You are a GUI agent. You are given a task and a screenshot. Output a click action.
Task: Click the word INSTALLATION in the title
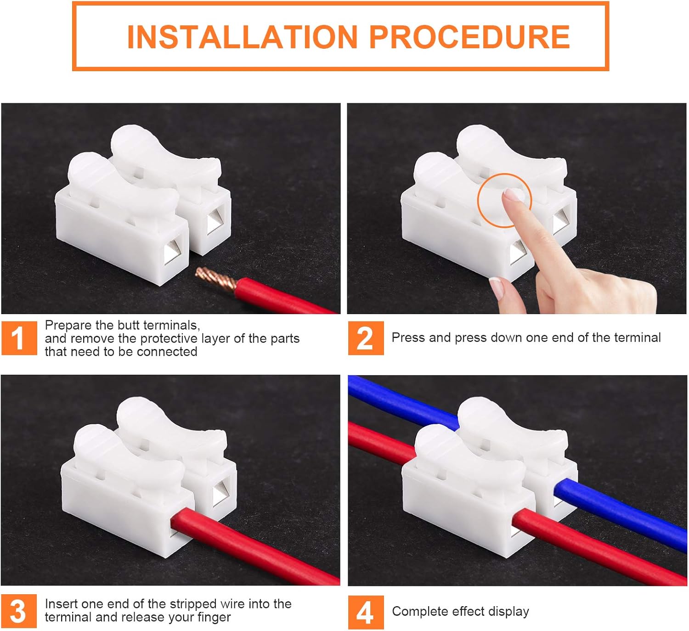coord(242,37)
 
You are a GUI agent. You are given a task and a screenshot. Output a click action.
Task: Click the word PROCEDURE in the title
coord(469,37)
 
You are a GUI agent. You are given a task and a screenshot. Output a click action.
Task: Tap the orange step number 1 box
coord(19,338)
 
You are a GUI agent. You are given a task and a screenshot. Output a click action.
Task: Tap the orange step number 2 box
coord(366,338)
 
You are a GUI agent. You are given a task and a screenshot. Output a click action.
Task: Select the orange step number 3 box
coord(19,611)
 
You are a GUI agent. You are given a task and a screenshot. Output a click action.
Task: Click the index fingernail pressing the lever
coord(511,195)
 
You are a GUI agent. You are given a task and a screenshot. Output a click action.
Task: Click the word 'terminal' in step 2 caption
coord(637,338)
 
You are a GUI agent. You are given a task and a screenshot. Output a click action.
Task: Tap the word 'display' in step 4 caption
coord(508,612)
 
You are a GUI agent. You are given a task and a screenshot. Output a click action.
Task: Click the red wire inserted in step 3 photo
coord(257,546)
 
